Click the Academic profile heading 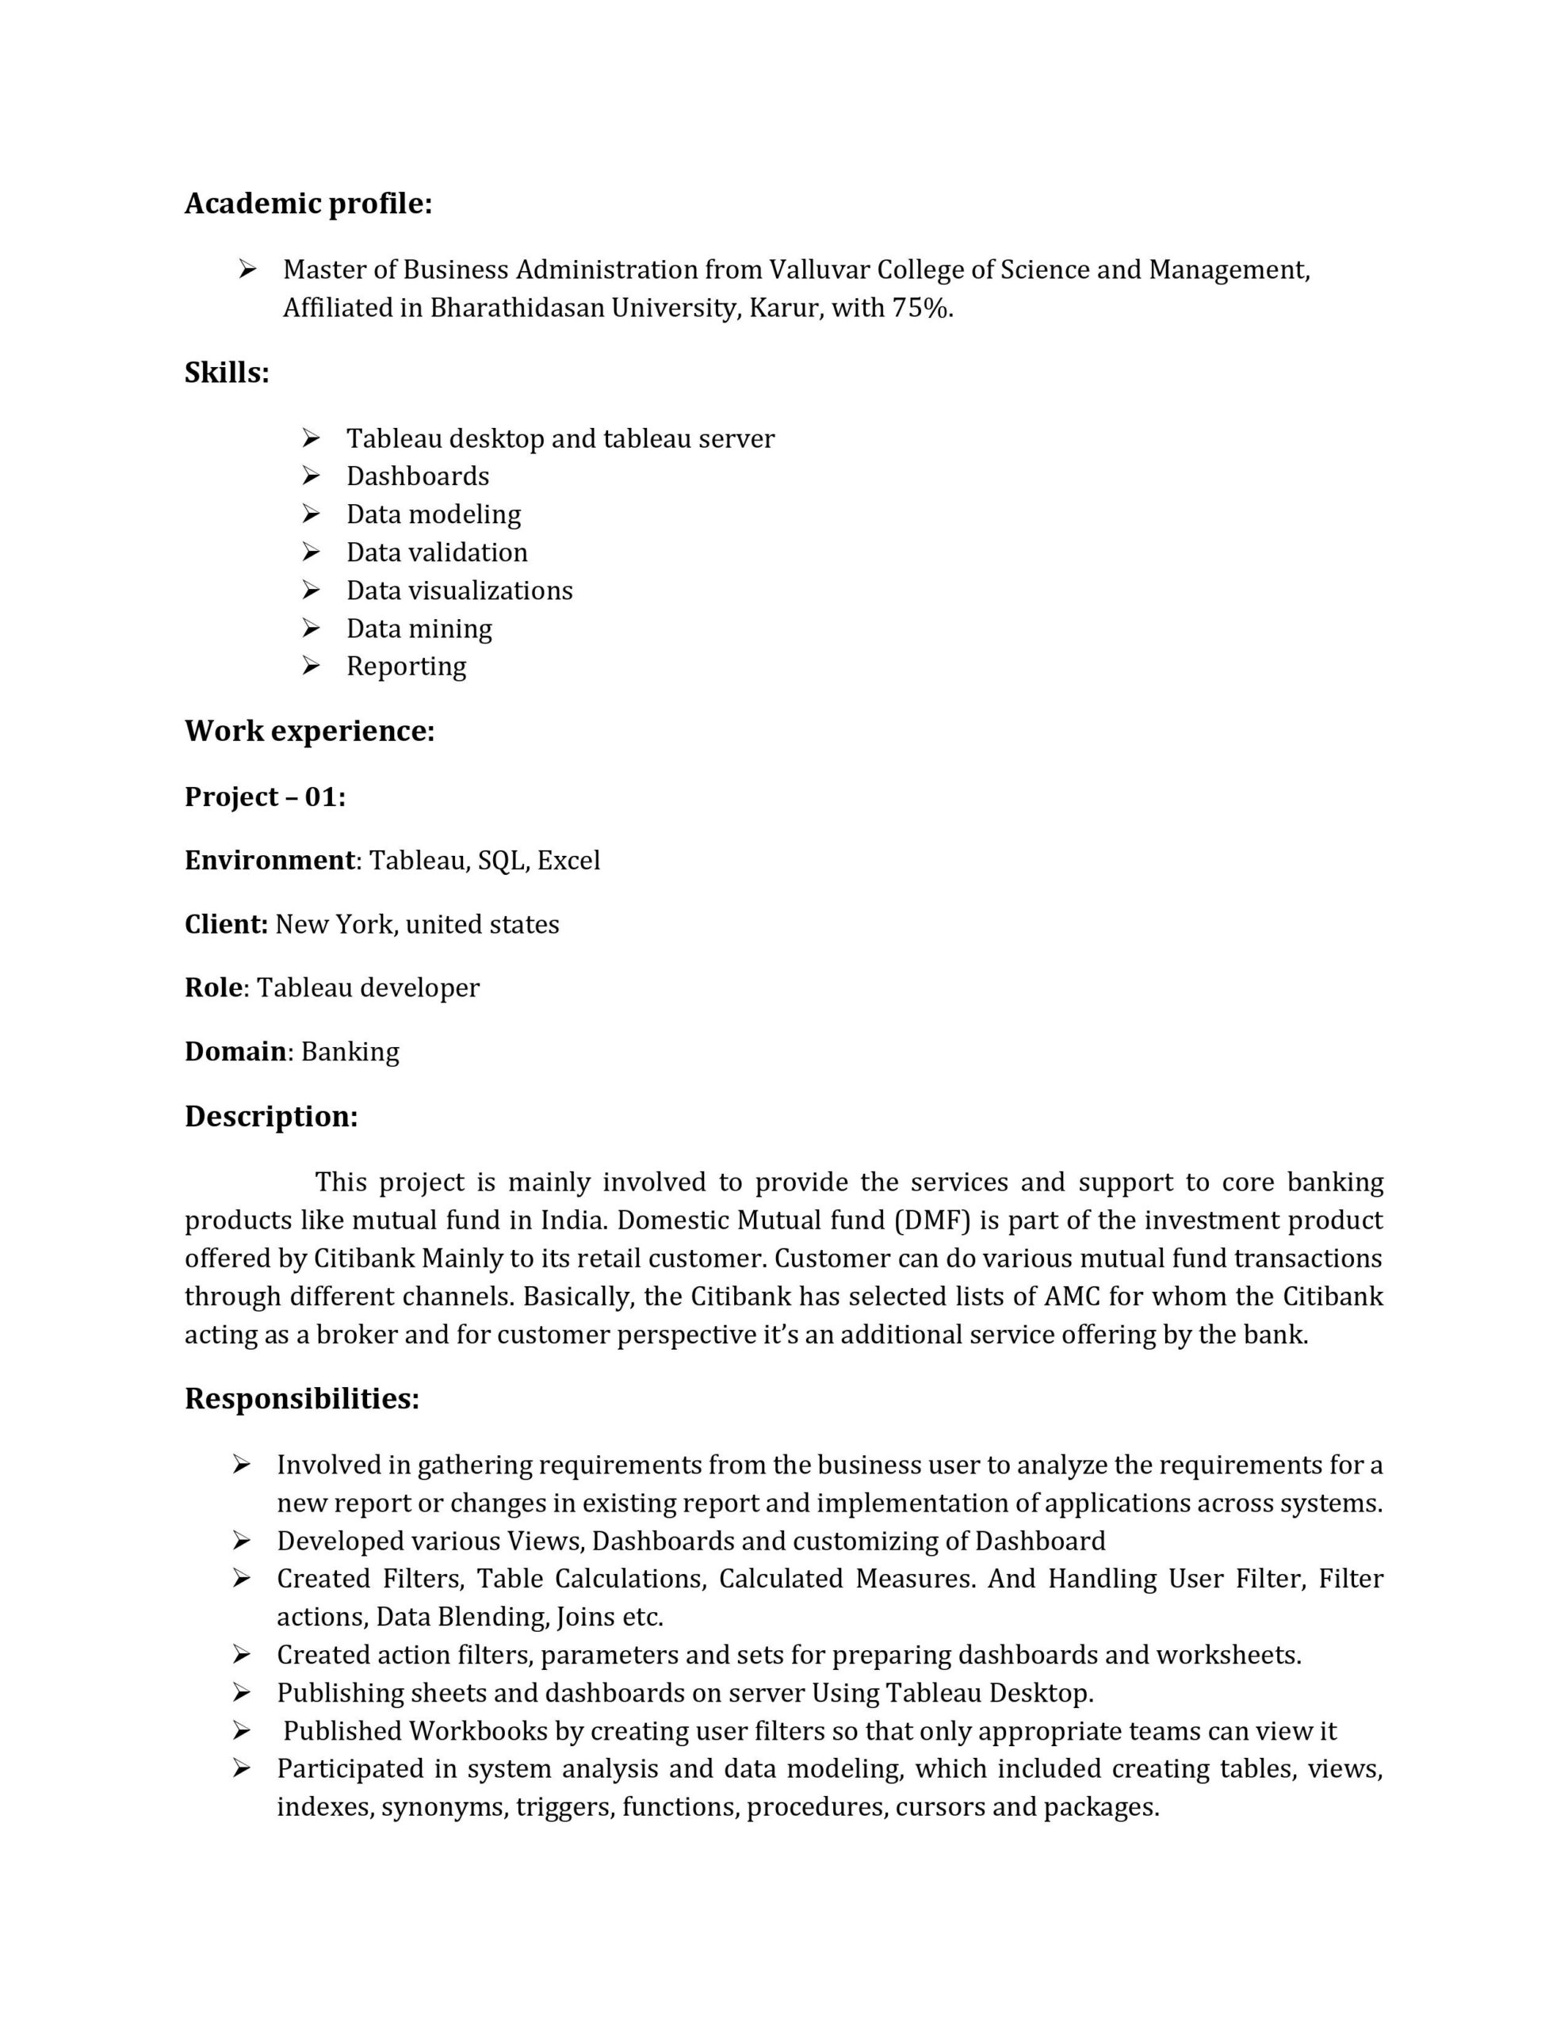308,204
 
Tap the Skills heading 227,373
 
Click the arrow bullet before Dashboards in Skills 311,476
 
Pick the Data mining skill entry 419,629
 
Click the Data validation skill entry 436,552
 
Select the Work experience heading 309,731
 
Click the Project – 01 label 265,797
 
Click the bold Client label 226,924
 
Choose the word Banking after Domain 350,1052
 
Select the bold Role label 214,988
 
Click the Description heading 270,1117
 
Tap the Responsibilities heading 302,1399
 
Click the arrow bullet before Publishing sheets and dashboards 242,1693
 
